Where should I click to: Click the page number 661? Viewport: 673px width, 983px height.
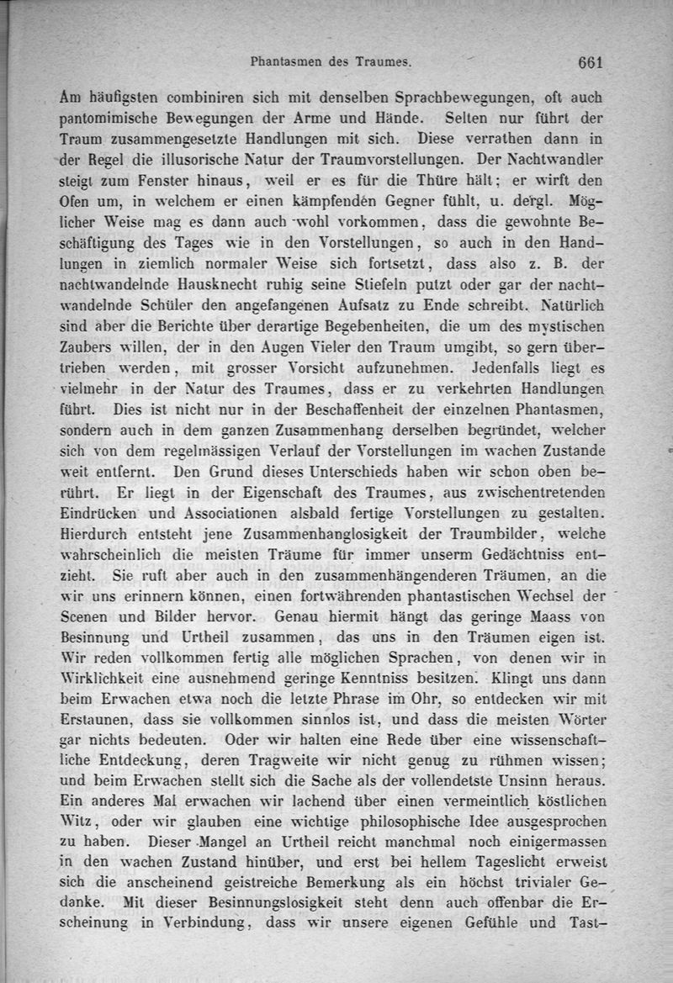click(x=591, y=61)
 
